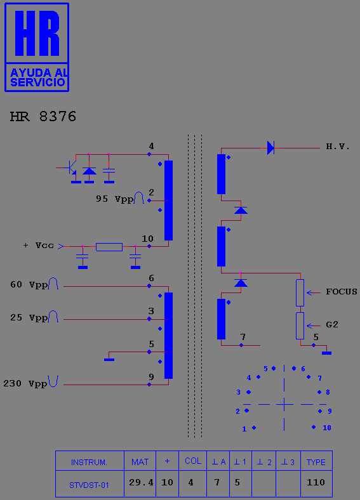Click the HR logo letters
pos(37,33)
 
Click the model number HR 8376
pos(43,117)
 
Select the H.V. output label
pos(338,147)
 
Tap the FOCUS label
pos(341,292)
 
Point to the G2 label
pos(332,325)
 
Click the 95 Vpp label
pos(115,199)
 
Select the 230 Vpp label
pos(25,383)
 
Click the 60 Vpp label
pos(29,285)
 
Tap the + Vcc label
pos(38,246)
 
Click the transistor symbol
pos(72,168)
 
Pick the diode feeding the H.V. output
pos(270,148)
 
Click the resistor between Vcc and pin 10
pos(109,247)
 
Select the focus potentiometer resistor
pos(300,293)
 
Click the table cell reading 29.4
pos(141,482)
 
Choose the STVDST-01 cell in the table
pos(89,485)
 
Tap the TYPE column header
pos(316,463)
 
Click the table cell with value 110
pos(316,482)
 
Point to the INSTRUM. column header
pos(89,463)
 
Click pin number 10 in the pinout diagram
pos(327,428)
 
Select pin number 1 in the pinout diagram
pos(244,429)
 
